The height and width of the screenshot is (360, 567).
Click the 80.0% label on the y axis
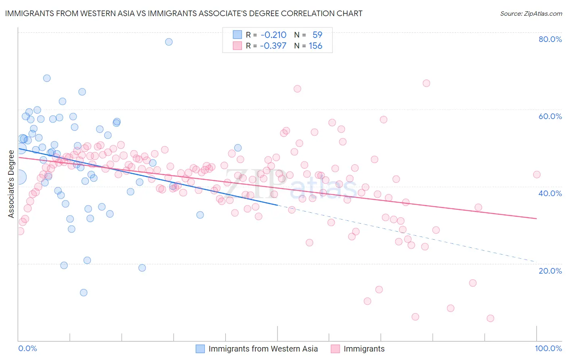[550, 39]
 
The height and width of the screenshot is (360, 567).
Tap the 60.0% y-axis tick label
[550, 116]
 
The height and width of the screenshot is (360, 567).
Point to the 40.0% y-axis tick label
[550, 193]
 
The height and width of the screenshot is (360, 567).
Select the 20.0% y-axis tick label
[550, 271]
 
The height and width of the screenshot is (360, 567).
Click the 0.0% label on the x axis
[27, 349]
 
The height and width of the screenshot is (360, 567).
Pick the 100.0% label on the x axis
[548, 349]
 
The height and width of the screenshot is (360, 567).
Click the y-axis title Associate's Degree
[11, 184]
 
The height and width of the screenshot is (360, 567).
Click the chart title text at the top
[183, 13]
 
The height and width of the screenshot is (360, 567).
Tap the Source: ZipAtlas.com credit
[531, 13]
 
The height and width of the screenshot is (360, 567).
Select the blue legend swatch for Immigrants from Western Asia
[200, 349]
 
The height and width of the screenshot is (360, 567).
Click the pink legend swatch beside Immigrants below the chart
[336, 349]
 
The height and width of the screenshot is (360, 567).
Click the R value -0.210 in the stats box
[273, 35]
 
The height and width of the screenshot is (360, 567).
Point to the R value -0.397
[273, 46]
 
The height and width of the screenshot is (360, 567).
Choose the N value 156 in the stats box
[315, 46]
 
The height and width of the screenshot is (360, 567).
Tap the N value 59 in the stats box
[317, 35]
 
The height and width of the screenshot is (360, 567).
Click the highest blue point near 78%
[169, 42]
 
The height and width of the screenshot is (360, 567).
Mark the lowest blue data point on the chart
[83, 293]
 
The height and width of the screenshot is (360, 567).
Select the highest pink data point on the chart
[426, 83]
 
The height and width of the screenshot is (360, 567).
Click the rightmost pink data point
[537, 175]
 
